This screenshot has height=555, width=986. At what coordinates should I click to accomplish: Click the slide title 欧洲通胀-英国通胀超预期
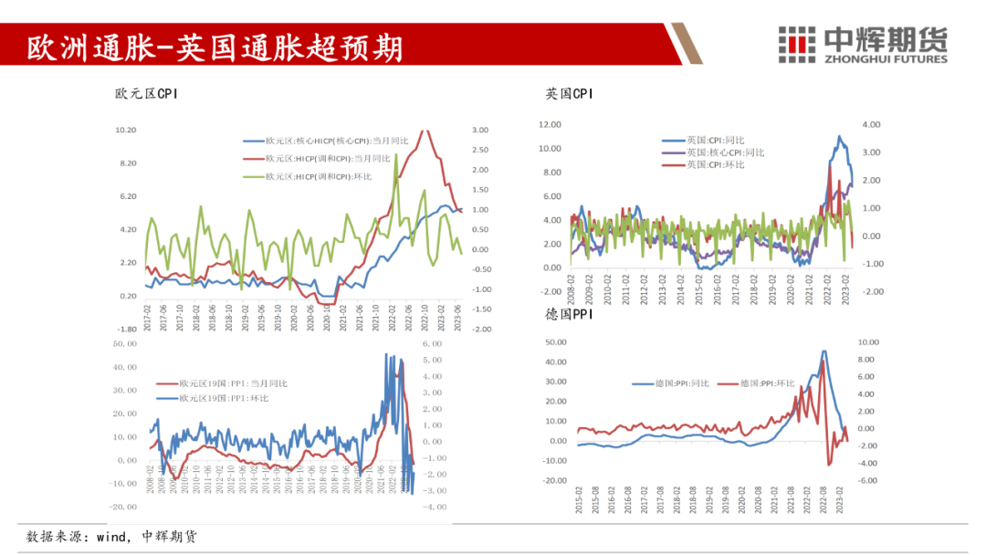click(214, 47)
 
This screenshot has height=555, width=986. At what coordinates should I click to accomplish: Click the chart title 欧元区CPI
click(146, 93)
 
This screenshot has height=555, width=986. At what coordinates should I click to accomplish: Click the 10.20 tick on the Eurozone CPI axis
click(125, 130)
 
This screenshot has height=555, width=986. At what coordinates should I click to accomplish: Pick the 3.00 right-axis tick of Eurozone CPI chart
click(481, 130)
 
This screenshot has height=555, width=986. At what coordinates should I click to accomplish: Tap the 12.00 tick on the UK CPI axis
click(550, 124)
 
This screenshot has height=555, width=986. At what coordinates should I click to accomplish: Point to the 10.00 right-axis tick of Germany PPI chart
click(869, 341)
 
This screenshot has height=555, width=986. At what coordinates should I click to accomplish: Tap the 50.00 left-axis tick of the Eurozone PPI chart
click(124, 343)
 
